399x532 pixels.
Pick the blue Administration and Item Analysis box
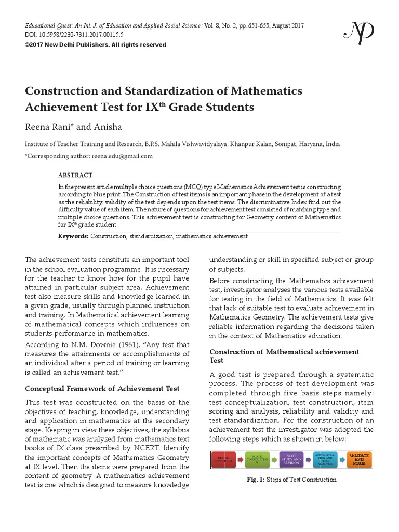325,460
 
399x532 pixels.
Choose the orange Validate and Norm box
358,460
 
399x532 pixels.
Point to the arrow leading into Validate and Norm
341,460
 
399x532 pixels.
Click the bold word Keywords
73,236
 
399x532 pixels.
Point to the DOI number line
75,34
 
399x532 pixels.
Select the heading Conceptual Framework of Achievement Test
102,389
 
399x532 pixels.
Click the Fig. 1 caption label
256,480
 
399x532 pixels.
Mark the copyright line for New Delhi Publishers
96,45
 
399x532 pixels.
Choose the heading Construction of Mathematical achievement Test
284,356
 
